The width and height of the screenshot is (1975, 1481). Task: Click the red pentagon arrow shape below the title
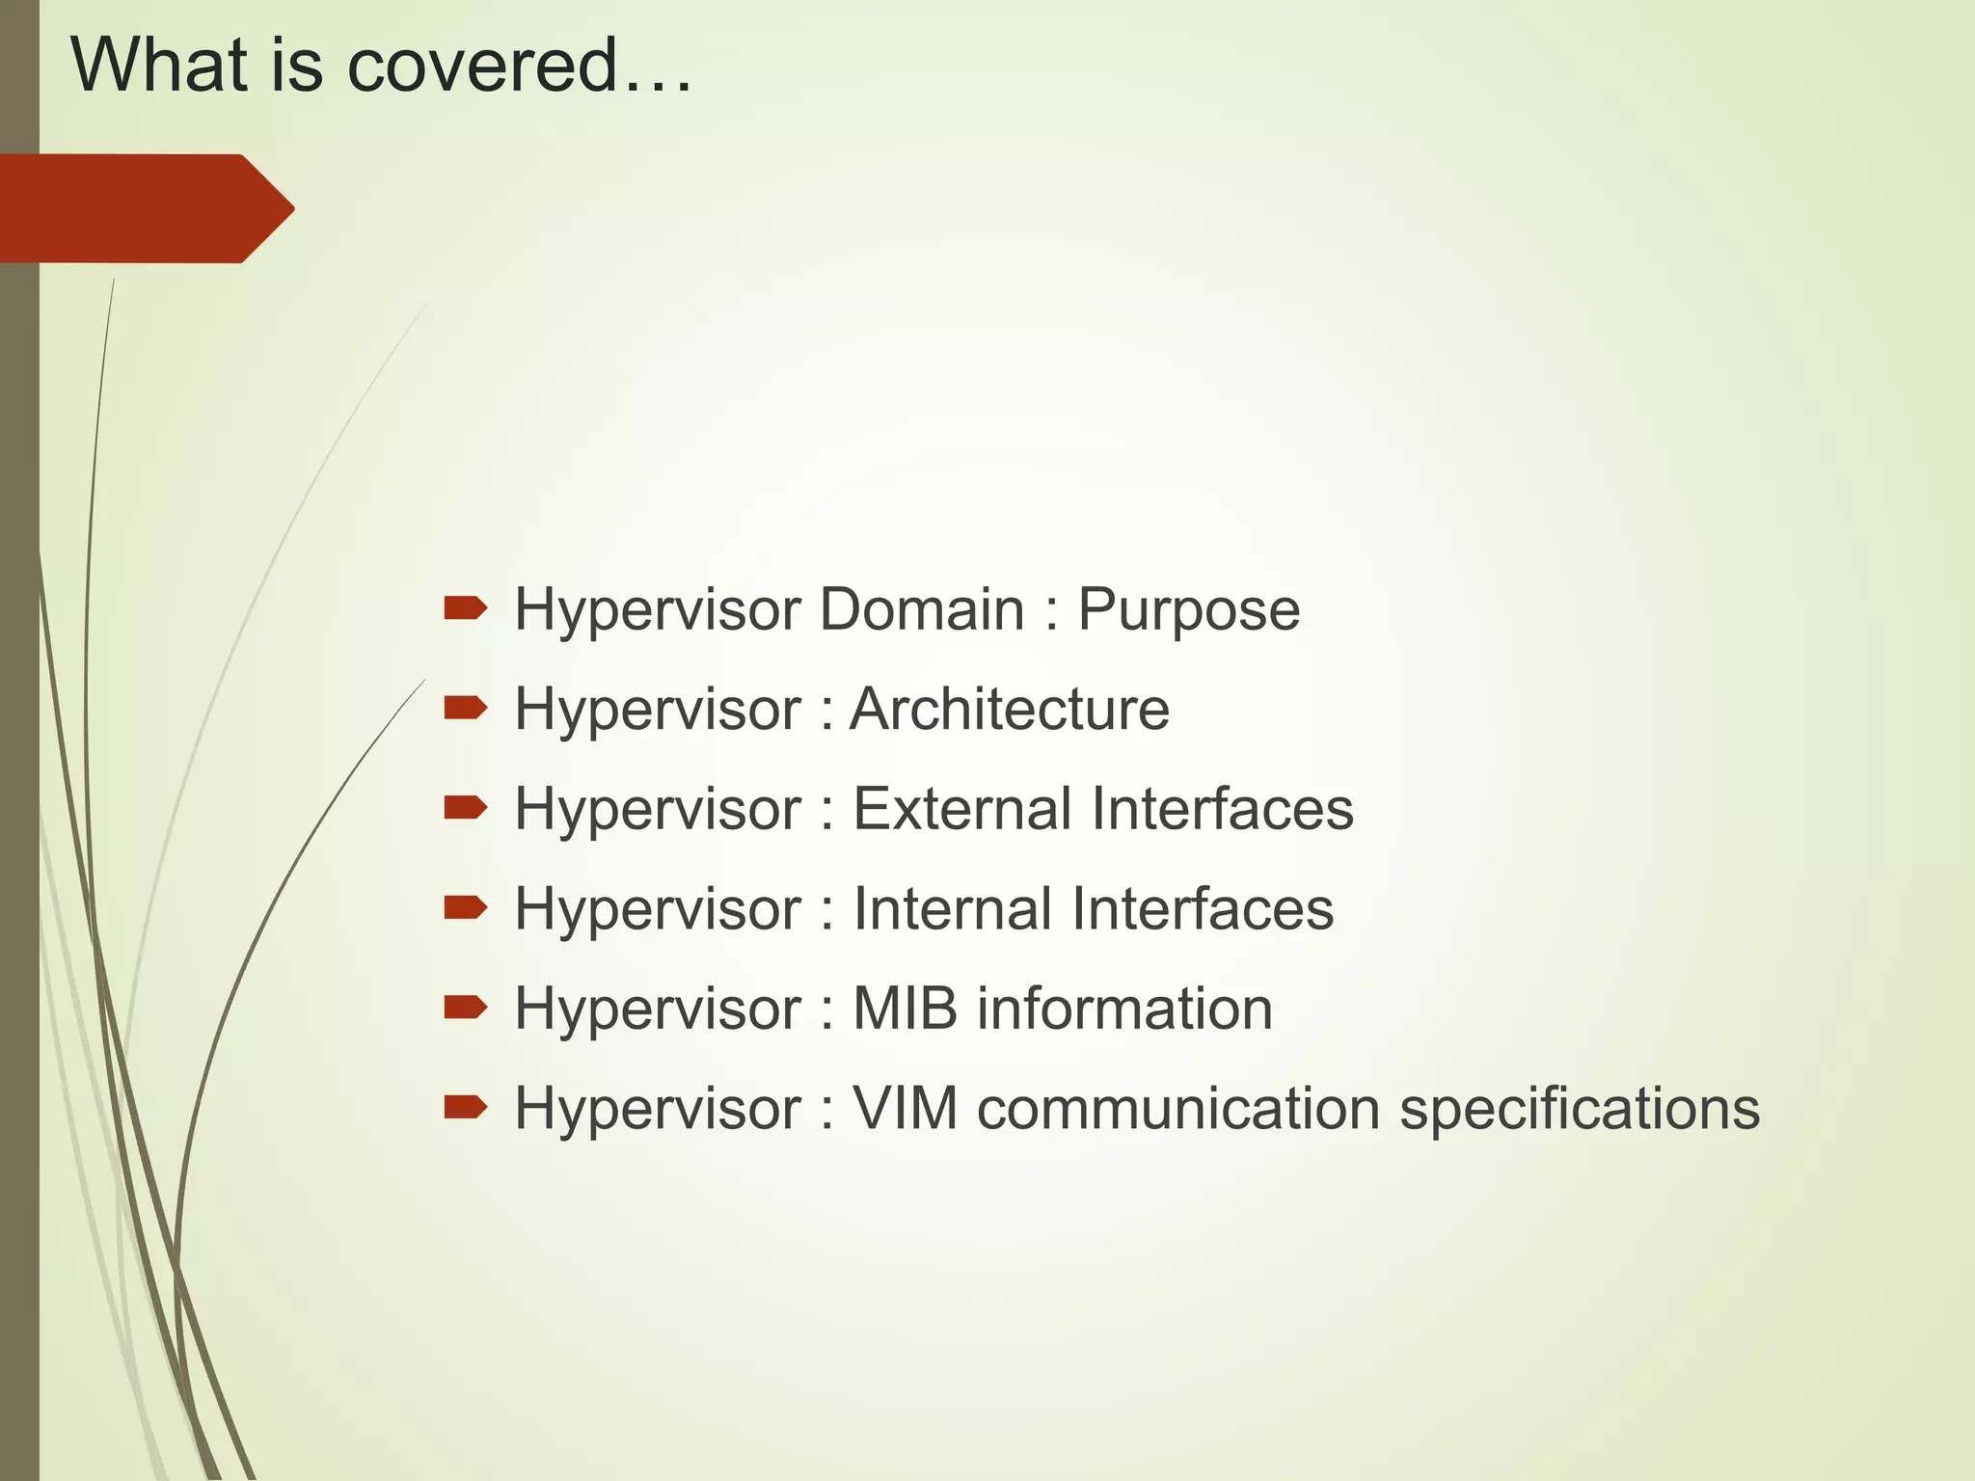pyautogui.click(x=145, y=208)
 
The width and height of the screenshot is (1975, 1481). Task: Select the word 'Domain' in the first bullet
pyautogui.click(x=921, y=609)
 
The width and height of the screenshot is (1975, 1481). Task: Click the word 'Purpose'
pyautogui.click(x=1188, y=611)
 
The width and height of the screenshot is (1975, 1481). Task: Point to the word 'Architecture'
pyautogui.click(x=1009, y=710)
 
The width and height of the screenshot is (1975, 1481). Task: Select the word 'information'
pyautogui.click(x=1124, y=1009)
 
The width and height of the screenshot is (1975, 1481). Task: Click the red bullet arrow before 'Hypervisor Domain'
pyautogui.click(x=465, y=608)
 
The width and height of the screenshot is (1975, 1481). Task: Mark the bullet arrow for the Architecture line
pyautogui.click(x=465, y=709)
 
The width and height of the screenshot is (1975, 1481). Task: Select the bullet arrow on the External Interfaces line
pyautogui.click(x=465, y=808)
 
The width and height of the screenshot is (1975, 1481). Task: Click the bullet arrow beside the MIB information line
pyautogui.click(x=465, y=1008)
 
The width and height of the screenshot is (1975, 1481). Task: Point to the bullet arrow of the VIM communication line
pyautogui.click(x=465, y=1108)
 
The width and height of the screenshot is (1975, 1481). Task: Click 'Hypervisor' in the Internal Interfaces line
pyautogui.click(x=658, y=910)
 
